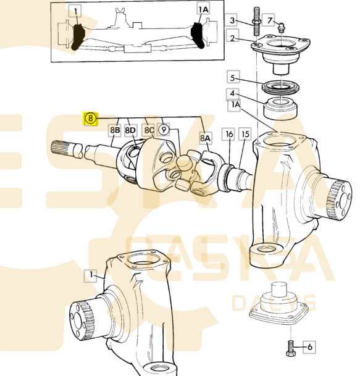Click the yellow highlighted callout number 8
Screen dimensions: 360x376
pyautogui.click(x=90, y=118)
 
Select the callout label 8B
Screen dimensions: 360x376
pyautogui.click(x=115, y=130)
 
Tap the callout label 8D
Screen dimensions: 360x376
pyautogui.click(x=130, y=130)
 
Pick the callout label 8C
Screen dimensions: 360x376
pyautogui.click(x=149, y=130)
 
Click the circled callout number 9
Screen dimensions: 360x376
pyautogui.click(x=164, y=130)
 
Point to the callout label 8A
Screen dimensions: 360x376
pyautogui.click(x=206, y=138)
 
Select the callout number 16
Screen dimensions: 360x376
pyautogui.click(x=229, y=134)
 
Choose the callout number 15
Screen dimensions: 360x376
pyautogui.click(x=245, y=134)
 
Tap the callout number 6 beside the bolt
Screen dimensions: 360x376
pyautogui.click(x=309, y=347)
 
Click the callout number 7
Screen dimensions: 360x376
pyautogui.click(x=269, y=20)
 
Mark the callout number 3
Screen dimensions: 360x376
pyautogui.click(x=232, y=20)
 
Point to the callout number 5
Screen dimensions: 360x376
pyautogui.click(x=233, y=77)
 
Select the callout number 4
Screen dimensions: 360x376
pyautogui.click(x=232, y=94)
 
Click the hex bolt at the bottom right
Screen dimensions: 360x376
pyautogui.click(x=291, y=348)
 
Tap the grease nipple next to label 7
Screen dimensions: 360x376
pyautogui.click(x=280, y=28)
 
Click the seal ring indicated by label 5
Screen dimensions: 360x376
pyautogui.click(x=280, y=87)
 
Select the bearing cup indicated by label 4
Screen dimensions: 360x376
pyautogui.click(x=280, y=109)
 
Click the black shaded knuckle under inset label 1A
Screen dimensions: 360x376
pyautogui.click(x=198, y=35)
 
